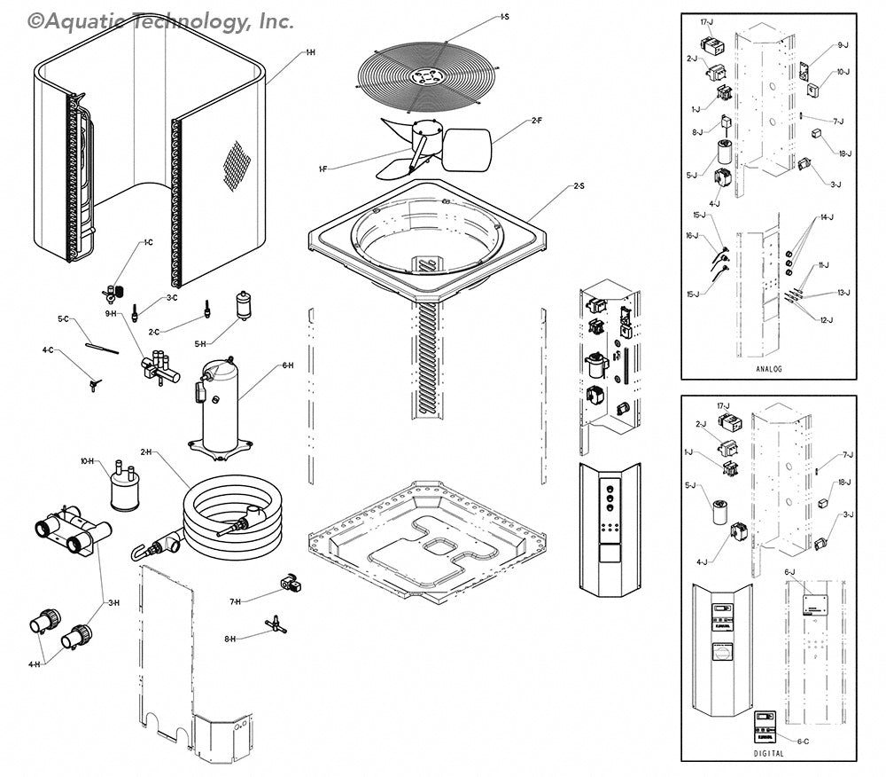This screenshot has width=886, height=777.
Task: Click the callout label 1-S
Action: tap(503, 17)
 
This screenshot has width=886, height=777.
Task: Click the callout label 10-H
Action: tap(87, 461)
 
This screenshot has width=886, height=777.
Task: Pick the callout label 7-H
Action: tap(235, 601)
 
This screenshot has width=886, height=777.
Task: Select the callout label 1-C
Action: tap(148, 241)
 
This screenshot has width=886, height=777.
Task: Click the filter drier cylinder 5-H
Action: tap(244, 305)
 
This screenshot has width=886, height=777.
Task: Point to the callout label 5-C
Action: tap(63, 318)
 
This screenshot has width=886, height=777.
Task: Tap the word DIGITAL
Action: tap(768, 753)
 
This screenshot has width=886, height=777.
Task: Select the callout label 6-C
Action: tap(802, 741)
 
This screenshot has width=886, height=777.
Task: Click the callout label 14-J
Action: tap(827, 217)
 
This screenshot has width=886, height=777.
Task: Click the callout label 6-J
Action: tap(789, 572)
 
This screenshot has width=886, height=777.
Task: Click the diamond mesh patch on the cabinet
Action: tap(236, 165)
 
